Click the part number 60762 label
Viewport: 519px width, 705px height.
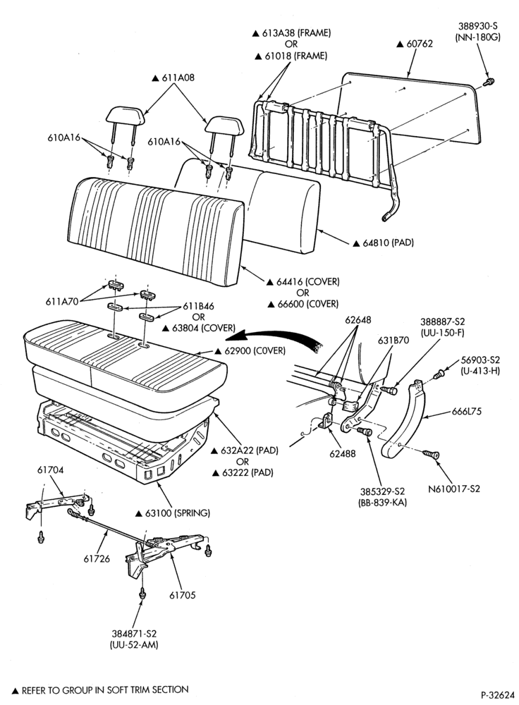(419, 44)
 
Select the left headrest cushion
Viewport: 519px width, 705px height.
(126, 115)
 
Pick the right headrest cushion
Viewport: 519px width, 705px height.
(224, 124)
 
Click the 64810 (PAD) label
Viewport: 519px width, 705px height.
(388, 243)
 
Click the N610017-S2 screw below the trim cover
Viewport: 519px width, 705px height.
(431, 455)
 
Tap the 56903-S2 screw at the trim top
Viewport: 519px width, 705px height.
(440, 374)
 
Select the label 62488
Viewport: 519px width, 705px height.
(342, 453)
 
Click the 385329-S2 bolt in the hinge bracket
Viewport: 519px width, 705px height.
(365, 431)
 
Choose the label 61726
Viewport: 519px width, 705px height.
(96, 559)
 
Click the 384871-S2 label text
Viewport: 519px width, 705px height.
(134, 634)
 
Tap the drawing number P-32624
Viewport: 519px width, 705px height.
(497, 695)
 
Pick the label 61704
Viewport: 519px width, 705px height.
(50, 470)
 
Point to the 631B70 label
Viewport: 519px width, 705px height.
(393, 341)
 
